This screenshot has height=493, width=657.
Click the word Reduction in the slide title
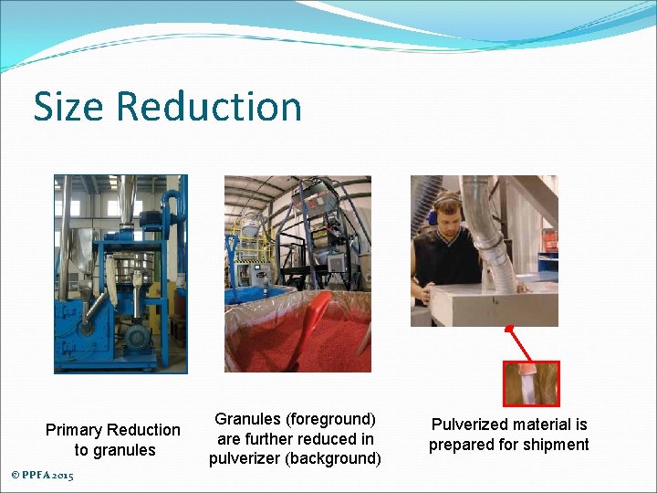click(209, 107)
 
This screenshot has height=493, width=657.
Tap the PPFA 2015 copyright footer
click(42, 476)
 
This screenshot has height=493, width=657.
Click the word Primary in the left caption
click(74, 430)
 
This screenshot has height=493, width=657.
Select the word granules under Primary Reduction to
click(128, 450)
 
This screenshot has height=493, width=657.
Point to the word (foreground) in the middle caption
click(331, 419)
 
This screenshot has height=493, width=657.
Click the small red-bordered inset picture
click(531, 383)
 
